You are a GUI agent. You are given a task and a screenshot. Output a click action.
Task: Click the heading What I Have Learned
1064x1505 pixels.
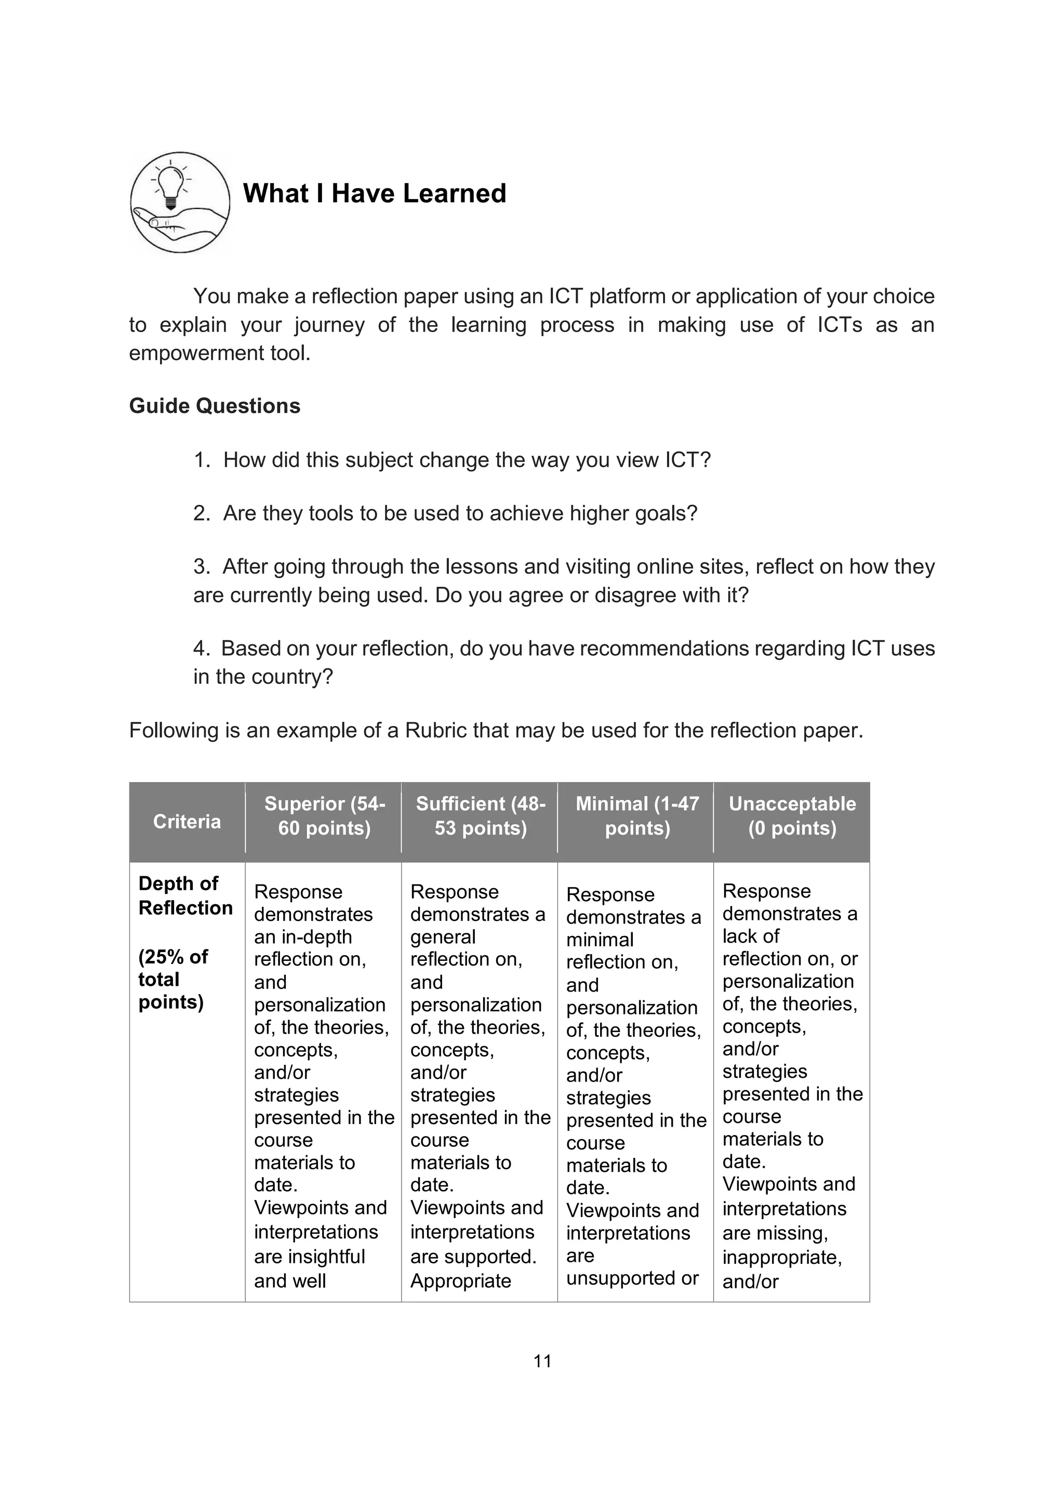point(374,193)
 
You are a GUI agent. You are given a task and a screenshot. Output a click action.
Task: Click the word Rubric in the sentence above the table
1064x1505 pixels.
point(436,730)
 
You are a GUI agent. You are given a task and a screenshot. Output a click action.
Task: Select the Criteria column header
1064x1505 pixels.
point(187,821)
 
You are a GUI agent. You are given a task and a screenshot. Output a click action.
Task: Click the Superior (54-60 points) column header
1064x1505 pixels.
point(324,816)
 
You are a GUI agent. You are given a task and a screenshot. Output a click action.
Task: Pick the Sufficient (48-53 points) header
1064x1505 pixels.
point(480,816)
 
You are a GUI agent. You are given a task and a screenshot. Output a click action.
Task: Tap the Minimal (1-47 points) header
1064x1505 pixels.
point(637,816)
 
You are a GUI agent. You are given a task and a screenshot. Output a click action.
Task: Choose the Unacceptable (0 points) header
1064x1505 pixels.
point(792,816)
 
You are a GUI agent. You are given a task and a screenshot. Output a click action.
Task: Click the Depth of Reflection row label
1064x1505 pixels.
point(185,895)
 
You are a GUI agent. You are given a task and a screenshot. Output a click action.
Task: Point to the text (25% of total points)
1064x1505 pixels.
point(173,979)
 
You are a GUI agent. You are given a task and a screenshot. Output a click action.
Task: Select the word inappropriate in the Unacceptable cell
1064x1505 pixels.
point(781,1257)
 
